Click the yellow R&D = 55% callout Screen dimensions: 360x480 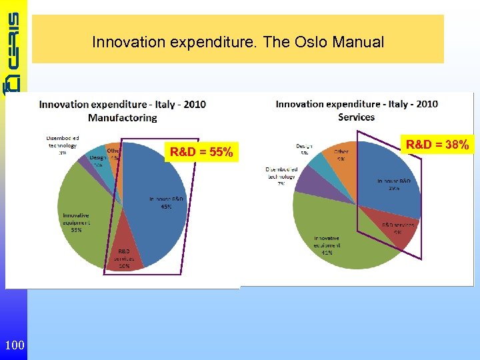(201, 153)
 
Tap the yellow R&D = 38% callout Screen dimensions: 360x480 (437, 143)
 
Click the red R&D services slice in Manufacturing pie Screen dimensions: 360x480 (125, 253)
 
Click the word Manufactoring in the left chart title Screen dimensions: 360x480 (122, 117)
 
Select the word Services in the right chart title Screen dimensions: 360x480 (356, 117)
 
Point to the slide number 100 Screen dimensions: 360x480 (14, 345)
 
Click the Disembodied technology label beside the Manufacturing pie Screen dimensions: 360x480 (62, 141)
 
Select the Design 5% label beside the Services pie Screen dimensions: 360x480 (304, 149)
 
